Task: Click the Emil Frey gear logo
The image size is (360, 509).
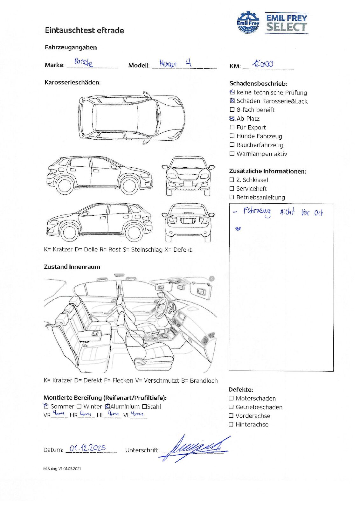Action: tap(248, 22)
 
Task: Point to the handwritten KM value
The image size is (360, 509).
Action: tap(262, 64)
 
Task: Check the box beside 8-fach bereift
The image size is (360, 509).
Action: tap(232, 110)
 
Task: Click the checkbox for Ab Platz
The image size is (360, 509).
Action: tap(232, 119)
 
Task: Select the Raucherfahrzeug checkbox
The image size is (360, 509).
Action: tap(232, 145)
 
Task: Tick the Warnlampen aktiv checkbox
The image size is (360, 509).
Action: tap(232, 154)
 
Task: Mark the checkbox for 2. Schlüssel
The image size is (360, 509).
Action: tap(232, 180)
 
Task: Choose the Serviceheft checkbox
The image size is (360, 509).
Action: tap(232, 189)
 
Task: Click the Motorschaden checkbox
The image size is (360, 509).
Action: tap(231, 398)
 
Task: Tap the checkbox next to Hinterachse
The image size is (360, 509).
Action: tap(231, 424)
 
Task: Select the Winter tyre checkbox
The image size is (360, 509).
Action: tap(79, 407)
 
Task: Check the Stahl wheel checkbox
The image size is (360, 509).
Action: tap(144, 407)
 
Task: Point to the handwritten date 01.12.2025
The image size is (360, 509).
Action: tap(87, 448)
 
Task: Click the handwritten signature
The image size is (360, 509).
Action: tap(194, 448)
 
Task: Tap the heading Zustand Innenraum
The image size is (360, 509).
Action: tap(72, 267)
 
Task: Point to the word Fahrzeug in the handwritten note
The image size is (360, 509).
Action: tap(257, 212)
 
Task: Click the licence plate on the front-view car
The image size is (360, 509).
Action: tap(188, 183)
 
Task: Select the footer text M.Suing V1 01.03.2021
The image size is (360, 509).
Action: tap(62, 469)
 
